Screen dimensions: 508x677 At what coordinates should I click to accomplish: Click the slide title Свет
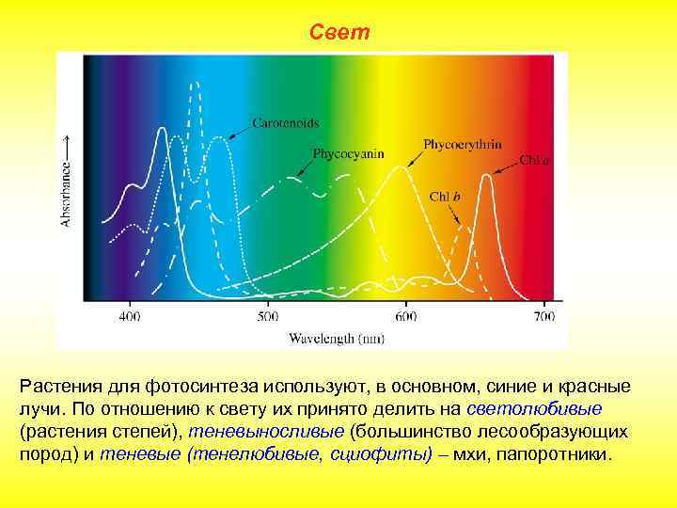pos(339,33)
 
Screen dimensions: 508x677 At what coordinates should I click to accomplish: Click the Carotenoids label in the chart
pos(285,122)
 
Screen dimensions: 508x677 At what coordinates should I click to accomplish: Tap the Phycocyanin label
pos(348,153)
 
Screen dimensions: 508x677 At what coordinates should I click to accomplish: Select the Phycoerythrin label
pos(462,145)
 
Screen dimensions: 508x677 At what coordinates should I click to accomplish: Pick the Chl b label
pos(446,197)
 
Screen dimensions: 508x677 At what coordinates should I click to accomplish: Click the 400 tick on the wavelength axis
pos(129,316)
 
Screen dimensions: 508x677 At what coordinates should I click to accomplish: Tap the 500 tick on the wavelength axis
pos(267,316)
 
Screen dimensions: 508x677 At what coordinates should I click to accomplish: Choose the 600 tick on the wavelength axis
pos(405,316)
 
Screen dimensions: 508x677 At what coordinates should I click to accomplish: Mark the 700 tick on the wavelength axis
pos(543,316)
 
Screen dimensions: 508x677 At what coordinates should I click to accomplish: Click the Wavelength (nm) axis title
pos(336,336)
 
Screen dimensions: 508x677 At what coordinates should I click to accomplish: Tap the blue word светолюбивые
pos(535,409)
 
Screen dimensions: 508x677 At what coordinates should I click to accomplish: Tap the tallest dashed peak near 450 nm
pos(195,85)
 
